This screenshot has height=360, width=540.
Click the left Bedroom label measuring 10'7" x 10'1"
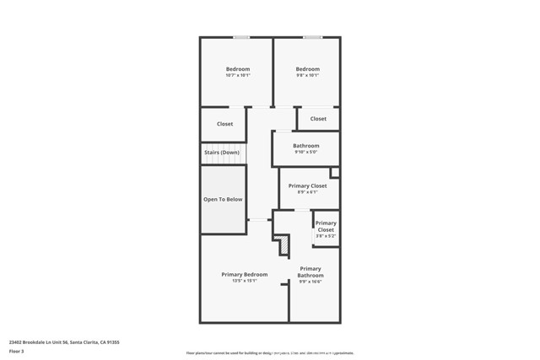tap(237, 69)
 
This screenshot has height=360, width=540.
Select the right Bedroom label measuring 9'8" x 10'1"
tap(307, 69)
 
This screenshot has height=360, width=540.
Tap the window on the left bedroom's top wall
tap(241, 37)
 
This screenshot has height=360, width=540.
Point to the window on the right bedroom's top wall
tap(312, 37)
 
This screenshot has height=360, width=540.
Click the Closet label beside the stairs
tap(224, 124)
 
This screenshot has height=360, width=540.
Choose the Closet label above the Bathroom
tap(318, 119)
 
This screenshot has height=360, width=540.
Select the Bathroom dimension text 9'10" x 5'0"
tap(306, 153)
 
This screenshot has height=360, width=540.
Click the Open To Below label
tap(223, 200)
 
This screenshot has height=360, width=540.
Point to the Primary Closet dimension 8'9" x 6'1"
tap(307, 192)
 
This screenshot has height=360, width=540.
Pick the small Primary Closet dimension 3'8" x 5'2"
tap(326, 236)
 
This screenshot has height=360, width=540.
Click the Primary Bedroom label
tap(244, 274)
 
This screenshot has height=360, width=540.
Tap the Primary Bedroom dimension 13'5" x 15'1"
tap(244, 281)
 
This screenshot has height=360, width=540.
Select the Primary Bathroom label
tap(310, 272)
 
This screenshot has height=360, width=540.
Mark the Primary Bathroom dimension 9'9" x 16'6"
tap(310, 282)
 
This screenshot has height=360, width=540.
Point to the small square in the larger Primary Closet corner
tap(334, 173)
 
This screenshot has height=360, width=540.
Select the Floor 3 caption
tap(16, 352)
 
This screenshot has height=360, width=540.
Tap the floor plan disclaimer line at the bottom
tap(270, 353)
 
